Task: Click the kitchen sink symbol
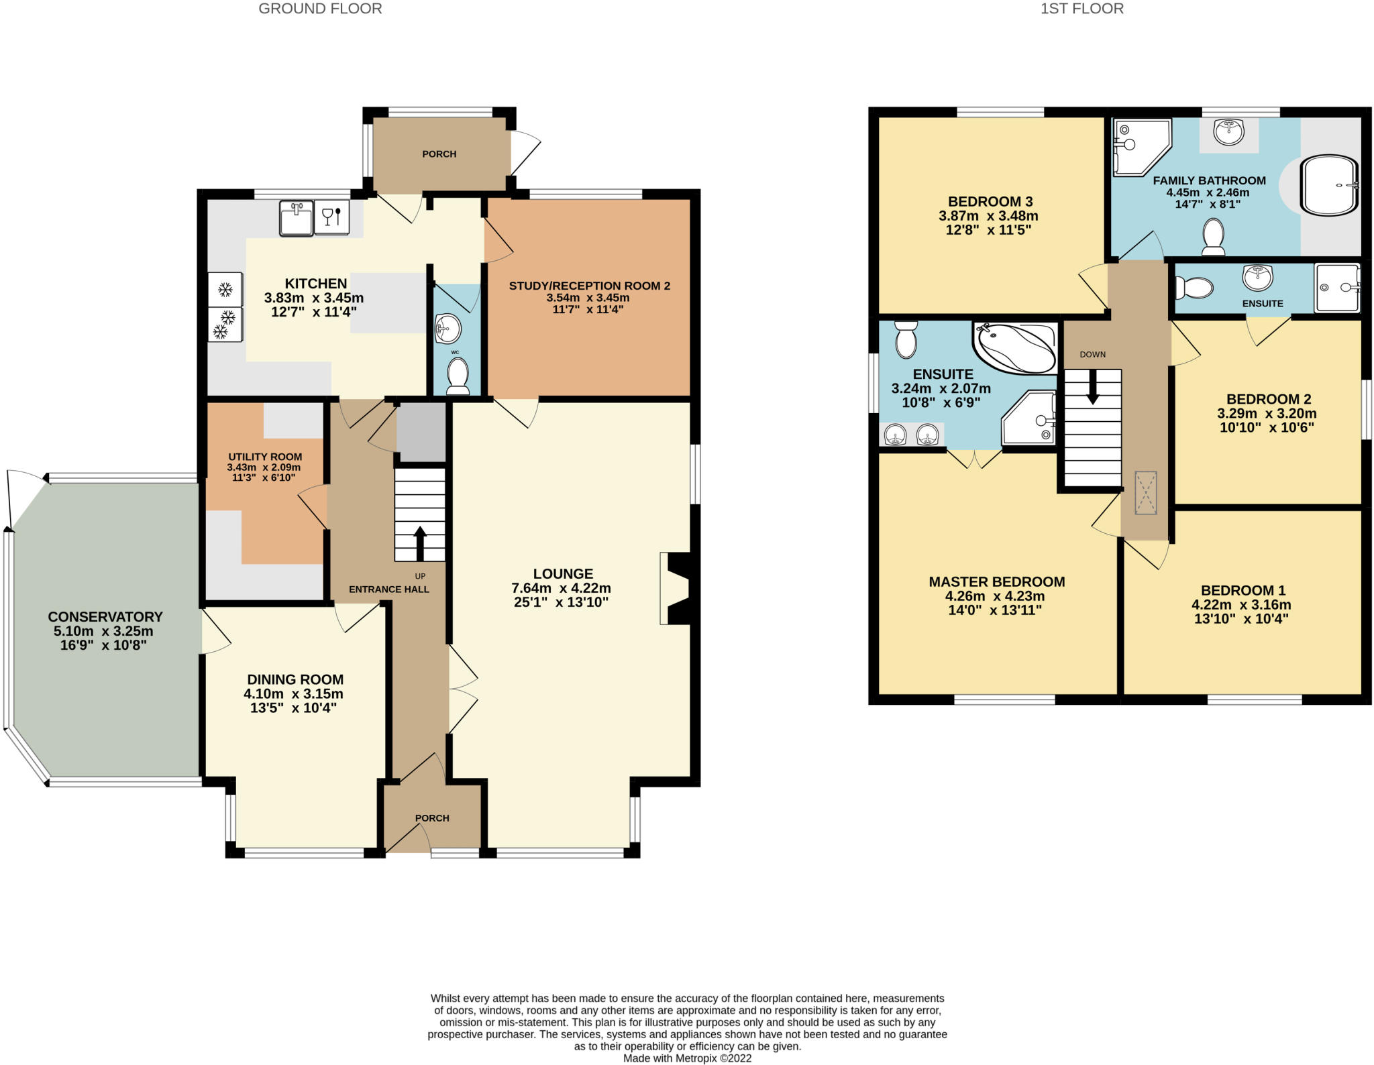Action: [296, 218]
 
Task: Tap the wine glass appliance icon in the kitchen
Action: [332, 217]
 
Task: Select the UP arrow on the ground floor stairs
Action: [420, 543]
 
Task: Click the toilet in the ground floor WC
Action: [458, 376]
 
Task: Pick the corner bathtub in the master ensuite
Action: [1014, 348]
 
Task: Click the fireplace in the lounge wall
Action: [676, 588]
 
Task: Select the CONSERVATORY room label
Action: [105, 616]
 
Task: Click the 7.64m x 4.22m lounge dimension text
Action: [561, 588]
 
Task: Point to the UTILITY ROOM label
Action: [265, 457]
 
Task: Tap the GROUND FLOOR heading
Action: [320, 9]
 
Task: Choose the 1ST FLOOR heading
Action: [1081, 9]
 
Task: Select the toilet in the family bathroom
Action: [1213, 237]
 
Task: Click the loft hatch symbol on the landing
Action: [1146, 493]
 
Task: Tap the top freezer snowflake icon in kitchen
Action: [225, 290]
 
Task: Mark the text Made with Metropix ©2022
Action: [687, 1058]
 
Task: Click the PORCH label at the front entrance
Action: [432, 818]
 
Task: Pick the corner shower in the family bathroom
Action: [1139, 146]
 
